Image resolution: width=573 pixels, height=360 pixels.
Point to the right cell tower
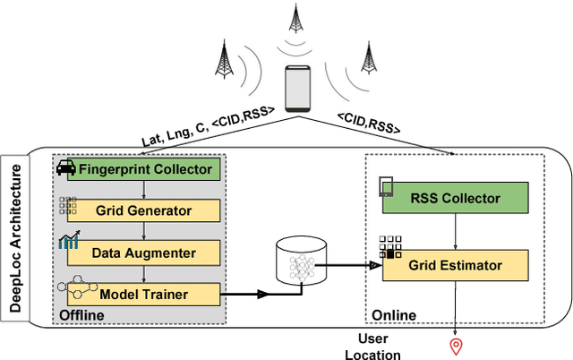click(x=366, y=57)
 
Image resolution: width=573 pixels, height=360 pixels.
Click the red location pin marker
click(x=456, y=345)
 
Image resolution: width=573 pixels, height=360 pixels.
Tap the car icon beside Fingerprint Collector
click(x=65, y=167)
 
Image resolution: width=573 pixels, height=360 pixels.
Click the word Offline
click(x=81, y=315)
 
